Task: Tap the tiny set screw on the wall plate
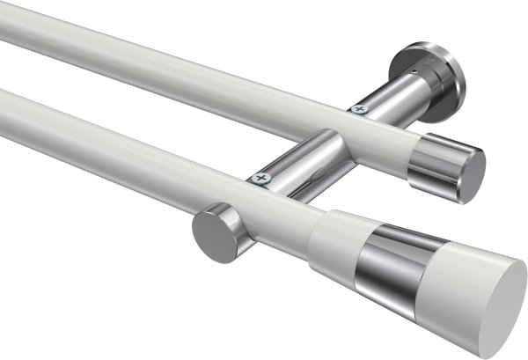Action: [414, 62]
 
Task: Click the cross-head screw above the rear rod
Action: [357, 108]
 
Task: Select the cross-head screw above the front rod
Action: [259, 179]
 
